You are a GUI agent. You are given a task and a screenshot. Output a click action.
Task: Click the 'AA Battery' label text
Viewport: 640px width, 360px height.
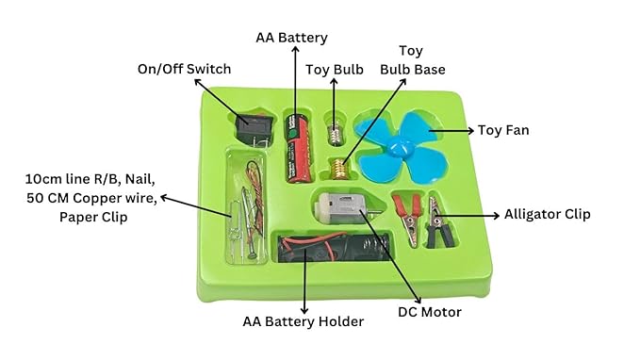[x=291, y=38]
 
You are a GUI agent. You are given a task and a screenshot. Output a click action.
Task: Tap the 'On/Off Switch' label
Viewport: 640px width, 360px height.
[x=184, y=69]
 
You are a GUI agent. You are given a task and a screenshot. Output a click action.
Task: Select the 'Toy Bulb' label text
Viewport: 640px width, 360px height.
[x=335, y=69]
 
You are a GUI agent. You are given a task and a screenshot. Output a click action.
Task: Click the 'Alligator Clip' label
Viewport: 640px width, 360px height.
[x=547, y=215]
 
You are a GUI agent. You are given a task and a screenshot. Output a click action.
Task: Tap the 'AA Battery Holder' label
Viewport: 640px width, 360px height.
[x=304, y=321]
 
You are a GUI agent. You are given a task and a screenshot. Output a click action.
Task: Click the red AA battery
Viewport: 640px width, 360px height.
[x=299, y=146]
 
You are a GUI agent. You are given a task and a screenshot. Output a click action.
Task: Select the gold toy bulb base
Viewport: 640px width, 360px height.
[x=335, y=170]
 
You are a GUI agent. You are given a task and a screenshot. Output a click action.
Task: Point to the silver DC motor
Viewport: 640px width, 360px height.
[x=342, y=208]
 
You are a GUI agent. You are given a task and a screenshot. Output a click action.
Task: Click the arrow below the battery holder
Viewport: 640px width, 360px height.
[x=304, y=286]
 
